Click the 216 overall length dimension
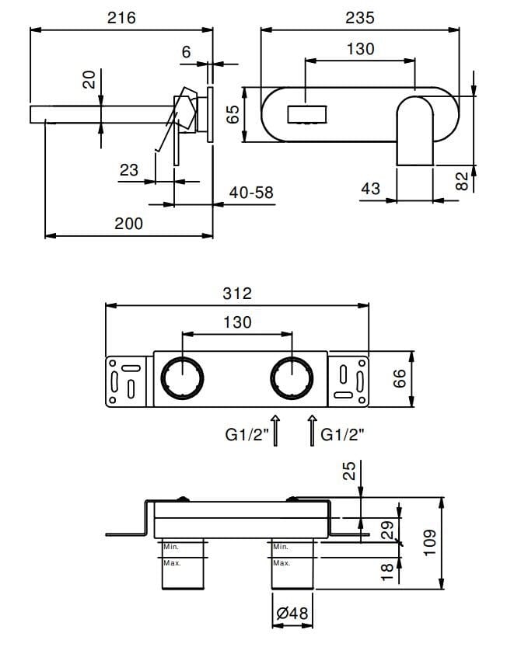(x=121, y=16)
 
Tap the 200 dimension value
(x=128, y=224)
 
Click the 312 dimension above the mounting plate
(x=236, y=293)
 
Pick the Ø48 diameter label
(x=292, y=614)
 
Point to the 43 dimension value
(x=371, y=188)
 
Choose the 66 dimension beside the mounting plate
(x=421, y=380)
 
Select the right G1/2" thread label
(x=343, y=437)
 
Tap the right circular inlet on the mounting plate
(x=292, y=379)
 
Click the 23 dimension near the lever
(x=129, y=169)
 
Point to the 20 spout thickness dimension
(x=89, y=79)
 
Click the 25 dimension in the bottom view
(x=349, y=471)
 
